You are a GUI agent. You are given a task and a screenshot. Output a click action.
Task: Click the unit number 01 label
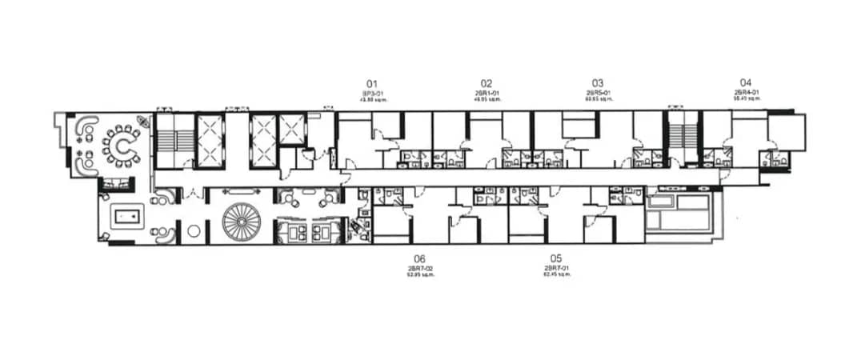(371, 83)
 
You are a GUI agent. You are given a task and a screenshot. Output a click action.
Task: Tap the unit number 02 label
(487, 83)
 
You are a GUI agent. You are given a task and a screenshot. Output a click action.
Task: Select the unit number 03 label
(598, 83)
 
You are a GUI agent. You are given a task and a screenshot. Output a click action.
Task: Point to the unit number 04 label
(746, 82)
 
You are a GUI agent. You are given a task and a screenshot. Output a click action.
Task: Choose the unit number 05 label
(556, 258)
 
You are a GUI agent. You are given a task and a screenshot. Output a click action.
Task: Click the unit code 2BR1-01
(487, 93)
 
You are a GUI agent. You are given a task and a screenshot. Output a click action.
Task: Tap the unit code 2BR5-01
(598, 93)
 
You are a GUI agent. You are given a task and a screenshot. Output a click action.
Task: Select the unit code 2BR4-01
(746, 92)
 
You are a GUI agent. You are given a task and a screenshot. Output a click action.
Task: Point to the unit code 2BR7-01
(556, 268)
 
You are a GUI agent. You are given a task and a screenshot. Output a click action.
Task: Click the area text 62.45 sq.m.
(556, 274)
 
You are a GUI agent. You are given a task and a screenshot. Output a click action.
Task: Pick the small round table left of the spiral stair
(193, 231)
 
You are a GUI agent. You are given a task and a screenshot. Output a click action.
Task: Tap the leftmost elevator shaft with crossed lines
(210, 141)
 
